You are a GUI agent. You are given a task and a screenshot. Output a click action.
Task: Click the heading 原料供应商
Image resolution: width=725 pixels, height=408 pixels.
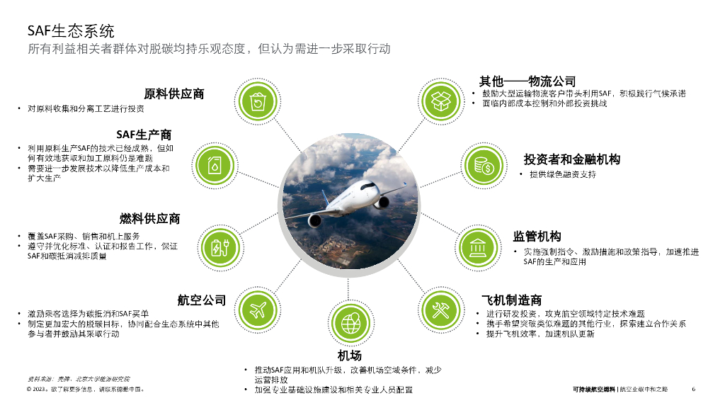[x=174, y=93]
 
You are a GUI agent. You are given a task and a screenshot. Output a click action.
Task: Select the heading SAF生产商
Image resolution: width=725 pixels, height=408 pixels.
[x=144, y=134]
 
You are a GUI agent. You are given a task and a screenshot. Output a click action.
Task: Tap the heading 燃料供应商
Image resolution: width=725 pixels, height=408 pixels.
[x=149, y=219]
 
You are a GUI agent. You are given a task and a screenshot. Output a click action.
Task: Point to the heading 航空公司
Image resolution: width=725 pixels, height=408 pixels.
[x=202, y=300]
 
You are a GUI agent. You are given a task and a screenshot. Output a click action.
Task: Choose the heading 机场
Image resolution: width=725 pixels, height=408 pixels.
[x=350, y=355]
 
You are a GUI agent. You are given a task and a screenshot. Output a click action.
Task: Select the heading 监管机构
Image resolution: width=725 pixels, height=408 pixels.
[x=537, y=236]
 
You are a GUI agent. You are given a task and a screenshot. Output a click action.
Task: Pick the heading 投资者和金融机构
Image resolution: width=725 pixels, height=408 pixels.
[x=571, y=159]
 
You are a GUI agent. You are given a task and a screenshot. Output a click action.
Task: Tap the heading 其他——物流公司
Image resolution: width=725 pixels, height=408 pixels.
[x=527, y=81]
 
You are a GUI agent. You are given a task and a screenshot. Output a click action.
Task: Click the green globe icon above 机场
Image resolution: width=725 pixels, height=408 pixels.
[x=350, y=324]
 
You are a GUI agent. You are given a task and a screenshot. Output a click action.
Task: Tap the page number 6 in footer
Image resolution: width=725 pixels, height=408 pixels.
[x=694, y=389]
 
